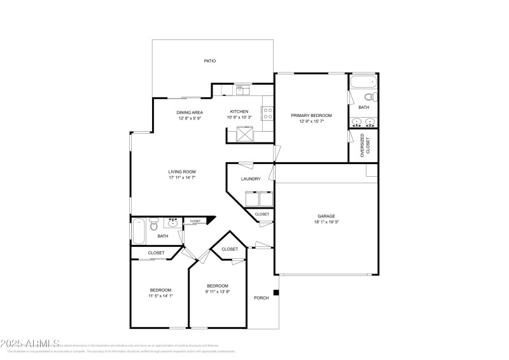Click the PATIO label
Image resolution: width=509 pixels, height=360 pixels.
click(209, 61)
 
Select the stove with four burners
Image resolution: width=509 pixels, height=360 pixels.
click(268, 113)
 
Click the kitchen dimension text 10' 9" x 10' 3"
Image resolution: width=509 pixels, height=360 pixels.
click(239, 118)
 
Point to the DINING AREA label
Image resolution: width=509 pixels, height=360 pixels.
click(190, 113)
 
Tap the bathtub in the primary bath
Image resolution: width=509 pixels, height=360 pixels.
click(363, 82)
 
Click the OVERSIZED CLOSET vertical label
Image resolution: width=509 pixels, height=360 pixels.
click(363, 146)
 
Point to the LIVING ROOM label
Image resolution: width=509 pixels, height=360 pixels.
click(182, 172)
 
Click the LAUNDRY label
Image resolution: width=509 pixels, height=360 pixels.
click(251, 179)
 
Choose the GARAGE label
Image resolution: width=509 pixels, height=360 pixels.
click(326, 216)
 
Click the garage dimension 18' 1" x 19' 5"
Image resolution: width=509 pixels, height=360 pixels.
click(326, 223)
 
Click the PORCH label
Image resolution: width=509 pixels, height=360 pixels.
click(261, 298)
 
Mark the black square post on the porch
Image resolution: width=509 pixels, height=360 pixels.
click(275, 293)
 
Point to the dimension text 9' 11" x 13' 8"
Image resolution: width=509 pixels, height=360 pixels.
click(217, 292)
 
